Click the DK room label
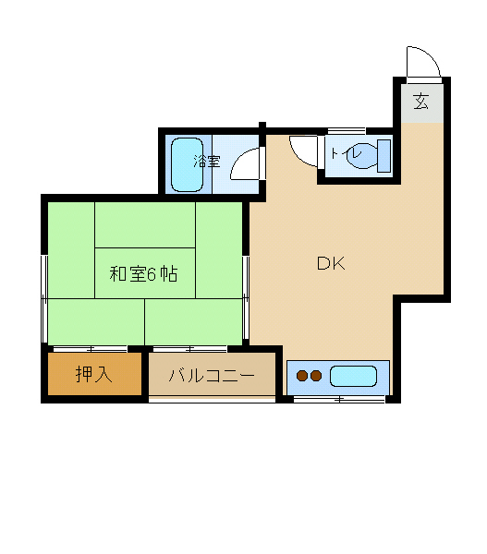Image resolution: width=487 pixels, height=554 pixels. pyautogui.click(x=331, y=263)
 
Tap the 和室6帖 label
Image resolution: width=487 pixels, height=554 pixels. pyautogui.click(x=143, y=274)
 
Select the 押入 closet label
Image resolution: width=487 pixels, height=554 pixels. pyautogui.click(x=94, y=374)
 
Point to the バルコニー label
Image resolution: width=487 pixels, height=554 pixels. pyautogui.click(x=212, y=375)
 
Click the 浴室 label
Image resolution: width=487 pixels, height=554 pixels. pyautogui.click(x=207, y=162)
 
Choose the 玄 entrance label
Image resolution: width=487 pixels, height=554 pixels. pyautogui.click(x=421, y=101)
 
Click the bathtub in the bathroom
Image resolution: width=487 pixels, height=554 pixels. pyautogui.click(x=187, y=165)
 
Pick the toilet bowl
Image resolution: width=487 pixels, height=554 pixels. pyautogui.click(x=362, y=155)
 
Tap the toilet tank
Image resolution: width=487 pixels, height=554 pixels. pyautogui.click(x=384, y=156)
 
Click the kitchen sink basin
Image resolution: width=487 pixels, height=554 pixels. pyautogui.click(x=353, y=376)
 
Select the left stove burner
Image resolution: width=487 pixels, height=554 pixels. pyautogui.click(x=302, y=376)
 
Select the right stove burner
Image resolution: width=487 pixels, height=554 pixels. pyautogui.click(x=316, y=376)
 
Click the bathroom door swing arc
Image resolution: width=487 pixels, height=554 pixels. pyautogui.click(x=240, y=158)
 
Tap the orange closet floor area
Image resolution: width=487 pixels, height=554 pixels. pyautogui.click(x=95, y=374)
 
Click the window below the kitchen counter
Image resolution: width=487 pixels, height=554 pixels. pyautogui.click(x=339, y=400)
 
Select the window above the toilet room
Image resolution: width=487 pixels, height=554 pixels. pyautogui.click(x=347, y=131)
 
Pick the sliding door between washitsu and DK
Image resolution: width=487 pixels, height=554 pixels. pyautogui.click(x=246, y=298)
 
